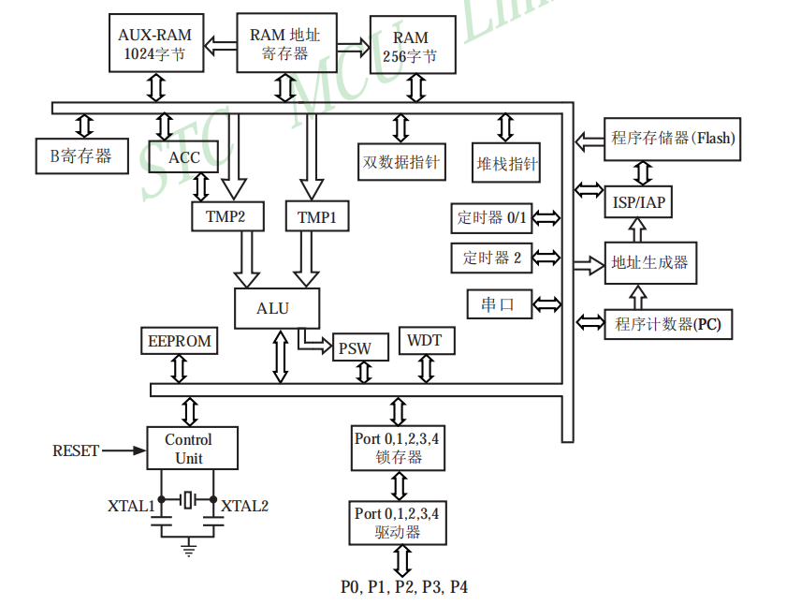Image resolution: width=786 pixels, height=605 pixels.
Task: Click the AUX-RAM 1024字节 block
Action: (155, 45)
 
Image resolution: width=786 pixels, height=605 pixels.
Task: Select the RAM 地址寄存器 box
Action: (284, 43)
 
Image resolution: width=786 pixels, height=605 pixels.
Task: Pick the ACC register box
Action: (184, 157)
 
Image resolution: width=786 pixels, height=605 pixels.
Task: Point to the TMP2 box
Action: (226, 217)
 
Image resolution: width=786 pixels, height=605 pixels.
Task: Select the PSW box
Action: (355, 348)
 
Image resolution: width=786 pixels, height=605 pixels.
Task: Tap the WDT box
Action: (425, 340)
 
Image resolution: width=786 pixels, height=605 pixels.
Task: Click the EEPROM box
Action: (180, 341)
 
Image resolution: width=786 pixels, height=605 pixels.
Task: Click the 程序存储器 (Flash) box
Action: (673, 139)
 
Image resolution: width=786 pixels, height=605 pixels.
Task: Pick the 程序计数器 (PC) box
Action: (668, 324)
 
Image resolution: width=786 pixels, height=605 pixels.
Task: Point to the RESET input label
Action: (76, 450)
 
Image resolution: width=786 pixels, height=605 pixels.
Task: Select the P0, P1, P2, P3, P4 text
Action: (404, 587)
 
